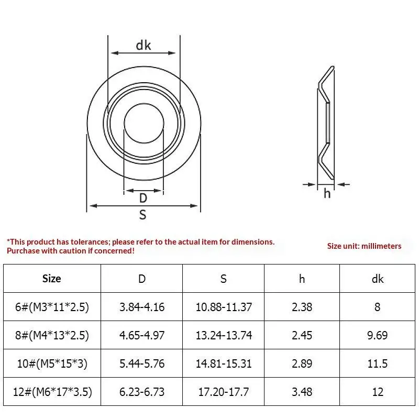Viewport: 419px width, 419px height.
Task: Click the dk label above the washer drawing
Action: [x=144, y=45]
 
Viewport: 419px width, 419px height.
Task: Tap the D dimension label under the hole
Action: [x=143, y=198]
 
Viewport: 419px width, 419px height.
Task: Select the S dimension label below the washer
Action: [x=142, y=215]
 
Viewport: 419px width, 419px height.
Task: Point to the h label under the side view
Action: [x=327, y=193]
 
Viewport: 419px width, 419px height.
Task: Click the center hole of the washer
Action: [x=144, y=123]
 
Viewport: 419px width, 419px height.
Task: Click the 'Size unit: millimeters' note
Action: [x=364, y=246]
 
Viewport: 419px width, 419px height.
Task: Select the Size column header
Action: [x=51, y=279]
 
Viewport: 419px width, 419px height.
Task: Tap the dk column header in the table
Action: [x=378, y=279]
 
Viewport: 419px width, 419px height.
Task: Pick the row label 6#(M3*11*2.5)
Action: [x=52, y=307]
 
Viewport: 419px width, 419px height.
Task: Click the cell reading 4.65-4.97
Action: [x=142, y=335]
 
